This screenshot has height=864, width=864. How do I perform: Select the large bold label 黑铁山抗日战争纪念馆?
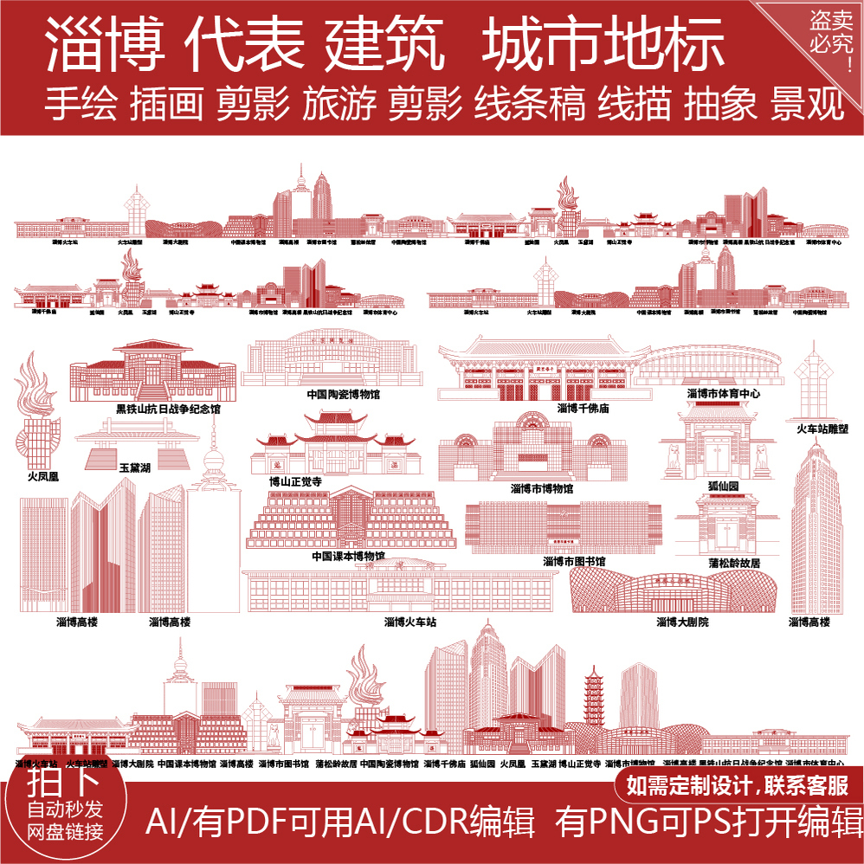click(168, 409)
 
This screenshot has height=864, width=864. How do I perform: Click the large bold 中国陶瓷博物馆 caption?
click(343, 395)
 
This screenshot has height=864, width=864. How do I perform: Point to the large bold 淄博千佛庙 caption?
click(583, 408)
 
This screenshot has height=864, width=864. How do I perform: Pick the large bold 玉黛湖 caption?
click(135, 467)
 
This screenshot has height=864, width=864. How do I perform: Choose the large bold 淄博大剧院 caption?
click(682, 622)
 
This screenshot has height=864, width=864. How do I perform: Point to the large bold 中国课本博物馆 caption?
click(348, 556)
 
